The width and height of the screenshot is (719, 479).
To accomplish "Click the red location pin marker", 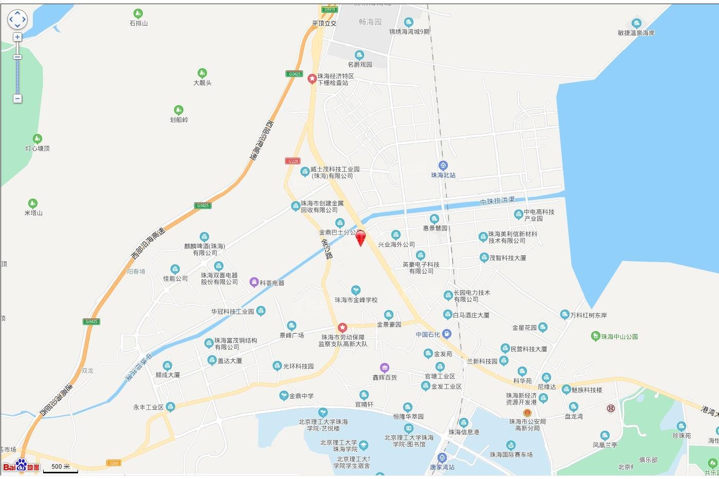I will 361,238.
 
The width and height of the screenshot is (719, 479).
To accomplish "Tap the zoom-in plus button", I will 17,37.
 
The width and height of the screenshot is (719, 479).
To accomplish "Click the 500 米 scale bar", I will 61,467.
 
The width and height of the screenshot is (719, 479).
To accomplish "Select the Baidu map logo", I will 21,466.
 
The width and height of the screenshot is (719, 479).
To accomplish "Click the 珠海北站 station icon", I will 443,165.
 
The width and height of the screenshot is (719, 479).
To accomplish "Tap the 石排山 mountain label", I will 138,24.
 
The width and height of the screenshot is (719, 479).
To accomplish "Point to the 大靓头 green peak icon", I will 202,73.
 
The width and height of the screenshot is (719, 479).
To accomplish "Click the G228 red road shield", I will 292,161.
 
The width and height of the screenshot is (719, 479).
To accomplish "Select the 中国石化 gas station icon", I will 446,334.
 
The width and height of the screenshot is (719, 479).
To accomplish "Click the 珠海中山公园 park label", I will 619,337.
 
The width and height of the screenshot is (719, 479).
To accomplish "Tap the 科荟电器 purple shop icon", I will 254,282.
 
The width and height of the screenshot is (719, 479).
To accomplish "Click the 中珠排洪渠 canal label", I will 497,201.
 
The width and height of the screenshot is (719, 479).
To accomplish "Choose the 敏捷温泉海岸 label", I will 636,33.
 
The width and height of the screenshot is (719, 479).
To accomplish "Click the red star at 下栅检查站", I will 312,79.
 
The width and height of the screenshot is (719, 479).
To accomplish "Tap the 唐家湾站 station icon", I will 442,458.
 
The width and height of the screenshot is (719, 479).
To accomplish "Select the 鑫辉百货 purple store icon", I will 384,368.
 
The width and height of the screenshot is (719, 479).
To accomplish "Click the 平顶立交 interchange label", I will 324,24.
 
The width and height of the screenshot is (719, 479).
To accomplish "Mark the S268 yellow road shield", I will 113,463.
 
